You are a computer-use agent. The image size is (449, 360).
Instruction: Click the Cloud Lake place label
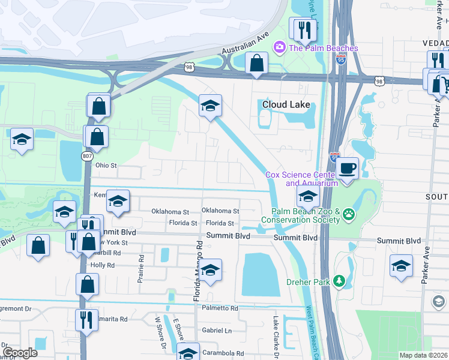(x=286, y=104)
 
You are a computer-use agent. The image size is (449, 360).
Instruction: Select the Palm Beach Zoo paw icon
(x=349, y=214)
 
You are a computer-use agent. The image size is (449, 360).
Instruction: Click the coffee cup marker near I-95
(x=346, y=168)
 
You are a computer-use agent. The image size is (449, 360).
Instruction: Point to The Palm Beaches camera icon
(x=279, y=47)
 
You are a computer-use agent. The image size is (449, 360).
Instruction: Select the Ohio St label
(x=105, y=165)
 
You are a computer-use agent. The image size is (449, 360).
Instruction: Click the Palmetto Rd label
(x=215, y=308)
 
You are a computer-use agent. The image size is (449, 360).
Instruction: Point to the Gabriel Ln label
(x=217, y=330)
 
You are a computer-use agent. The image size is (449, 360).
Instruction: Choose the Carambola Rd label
(x=223, y=353)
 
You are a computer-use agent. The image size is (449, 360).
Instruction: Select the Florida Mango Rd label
(x=196, y=271)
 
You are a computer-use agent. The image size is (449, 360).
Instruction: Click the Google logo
(x=20, y=352)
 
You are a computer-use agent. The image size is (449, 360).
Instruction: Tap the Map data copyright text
(x=423, y=355)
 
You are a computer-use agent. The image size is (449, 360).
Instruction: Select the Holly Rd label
(x=102, y=265)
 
